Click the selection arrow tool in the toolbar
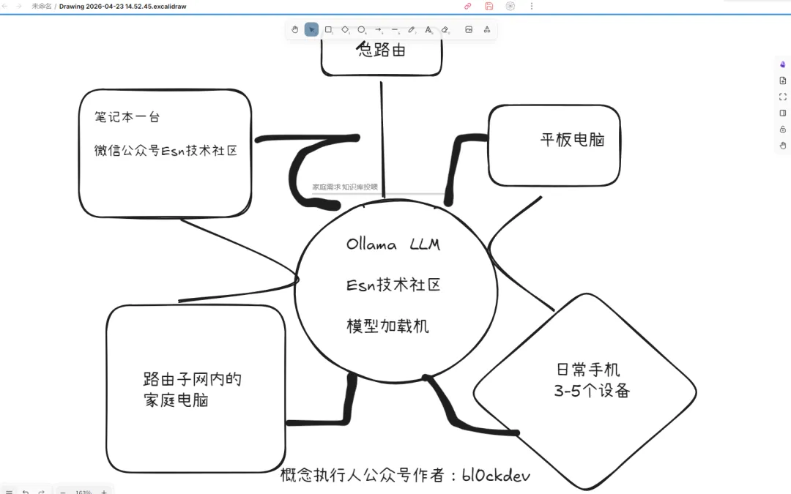311,29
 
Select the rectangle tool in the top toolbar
328,29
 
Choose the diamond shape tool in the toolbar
345,29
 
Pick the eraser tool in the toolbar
445,29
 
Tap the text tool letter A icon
428,29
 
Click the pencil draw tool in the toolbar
412,29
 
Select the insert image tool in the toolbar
469,29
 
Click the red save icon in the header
489,6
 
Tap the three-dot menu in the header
532,6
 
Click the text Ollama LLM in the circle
393,244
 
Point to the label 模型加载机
387,326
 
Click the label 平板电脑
572,140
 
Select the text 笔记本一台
127,116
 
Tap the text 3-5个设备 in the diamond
592,391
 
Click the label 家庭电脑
176,400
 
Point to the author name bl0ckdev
496,475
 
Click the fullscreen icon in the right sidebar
783,97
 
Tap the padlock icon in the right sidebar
783,129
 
